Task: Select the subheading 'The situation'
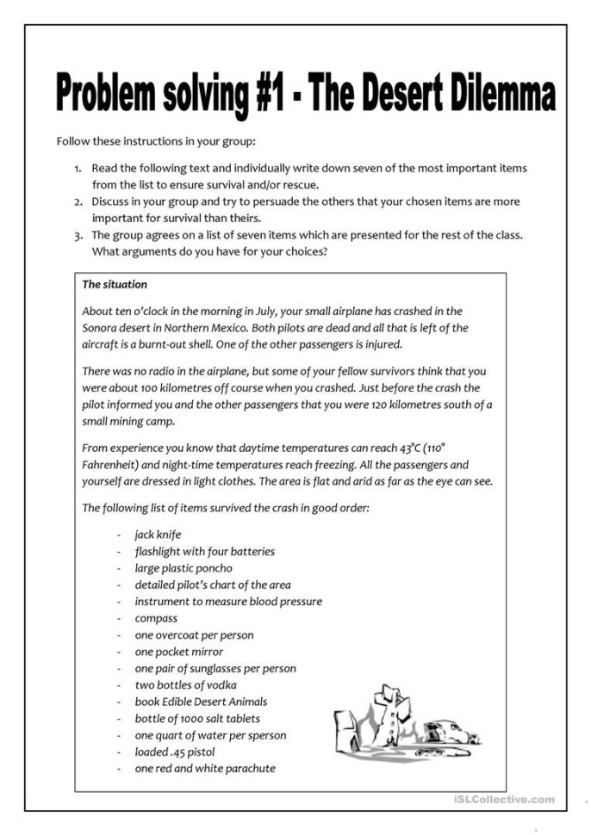click(x=115, y=285)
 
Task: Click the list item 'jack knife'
click(x=158, y=535)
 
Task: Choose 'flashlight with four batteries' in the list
click(x=204, y=551)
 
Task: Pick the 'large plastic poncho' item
click(x=183, y=568)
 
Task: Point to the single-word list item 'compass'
click(x=156, y=618)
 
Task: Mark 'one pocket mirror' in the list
click(x=178, y=652)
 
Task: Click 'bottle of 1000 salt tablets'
click(x=197, y=719)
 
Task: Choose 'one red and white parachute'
click(x=205, y=769)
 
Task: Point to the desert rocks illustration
click(x=406, y=724)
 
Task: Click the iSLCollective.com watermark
click(x=503, y=800)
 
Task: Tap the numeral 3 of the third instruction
click(x=78, y=234)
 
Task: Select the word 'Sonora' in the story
click(x=100, y=328)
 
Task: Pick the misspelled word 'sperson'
click(x=264, y=735)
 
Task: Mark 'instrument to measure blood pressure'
click(x=228, y=602)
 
